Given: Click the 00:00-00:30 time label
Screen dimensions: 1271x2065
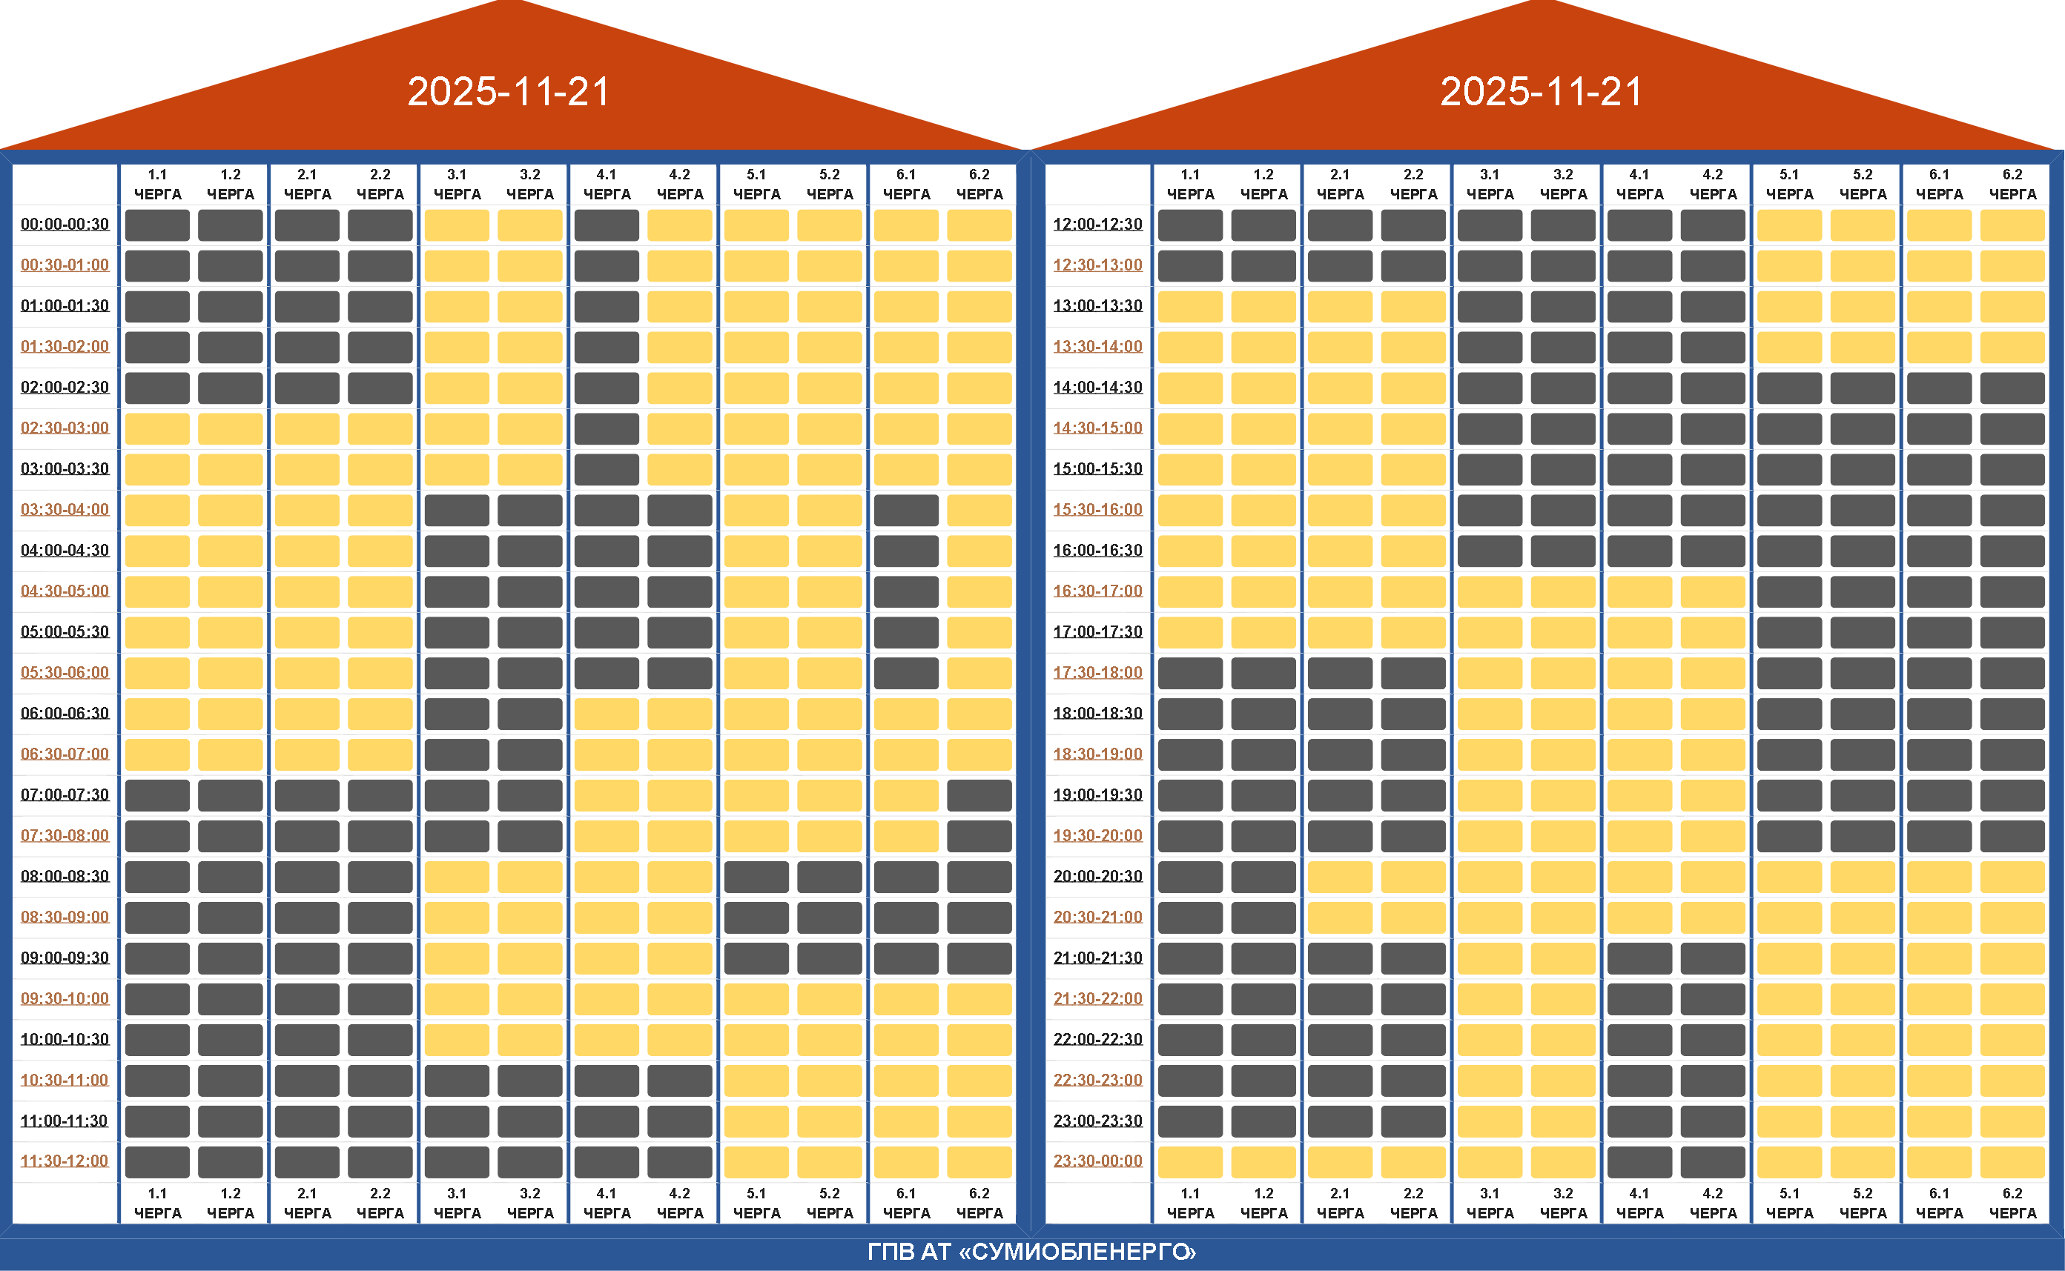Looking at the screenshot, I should coord(65,225).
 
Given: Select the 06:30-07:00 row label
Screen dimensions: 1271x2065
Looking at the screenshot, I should coord(65,754).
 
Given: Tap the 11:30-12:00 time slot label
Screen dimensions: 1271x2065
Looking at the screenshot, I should coord(65,1161).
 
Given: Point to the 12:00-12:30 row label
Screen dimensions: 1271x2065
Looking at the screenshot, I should coord(1097,225).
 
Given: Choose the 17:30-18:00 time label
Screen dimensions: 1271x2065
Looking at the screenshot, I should coord(1097,672).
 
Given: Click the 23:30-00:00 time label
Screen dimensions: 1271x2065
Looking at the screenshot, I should coord(1097,1161).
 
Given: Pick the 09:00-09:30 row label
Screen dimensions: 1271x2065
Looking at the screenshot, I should coord(65,958).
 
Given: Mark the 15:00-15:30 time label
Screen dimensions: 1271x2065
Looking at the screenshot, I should coord(1097,469).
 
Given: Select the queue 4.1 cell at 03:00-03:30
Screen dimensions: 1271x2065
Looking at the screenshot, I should coord(607,469).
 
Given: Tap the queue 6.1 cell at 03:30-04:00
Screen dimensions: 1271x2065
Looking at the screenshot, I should coord(905,509).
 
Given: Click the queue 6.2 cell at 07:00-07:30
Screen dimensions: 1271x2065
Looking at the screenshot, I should coord(979,794).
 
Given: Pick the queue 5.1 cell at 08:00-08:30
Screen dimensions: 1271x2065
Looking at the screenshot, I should coord(756,876).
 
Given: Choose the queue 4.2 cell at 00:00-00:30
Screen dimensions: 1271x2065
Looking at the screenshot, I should coord(679,225).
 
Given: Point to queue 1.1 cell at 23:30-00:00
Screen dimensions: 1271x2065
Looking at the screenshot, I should coord(1190,1161).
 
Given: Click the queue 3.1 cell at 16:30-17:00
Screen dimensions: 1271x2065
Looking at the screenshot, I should coord(1489,591).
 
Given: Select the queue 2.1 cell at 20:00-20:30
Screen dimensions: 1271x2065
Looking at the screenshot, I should coord(1339,876).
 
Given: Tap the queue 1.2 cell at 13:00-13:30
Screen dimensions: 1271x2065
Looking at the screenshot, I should coord(1263,306).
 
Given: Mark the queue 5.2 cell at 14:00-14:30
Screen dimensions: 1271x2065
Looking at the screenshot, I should coord(1863,388).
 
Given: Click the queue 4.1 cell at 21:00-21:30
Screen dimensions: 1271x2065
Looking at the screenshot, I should coord(1639,958).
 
